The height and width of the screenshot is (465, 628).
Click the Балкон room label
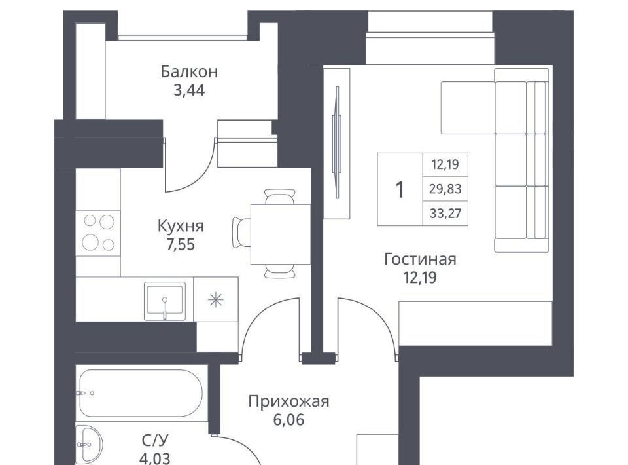[189, 71]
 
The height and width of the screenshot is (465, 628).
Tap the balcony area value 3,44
[189, 90]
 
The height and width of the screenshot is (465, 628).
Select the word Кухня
[181, 226]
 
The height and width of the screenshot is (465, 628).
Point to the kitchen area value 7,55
[181, 244]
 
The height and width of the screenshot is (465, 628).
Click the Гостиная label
[420, 259]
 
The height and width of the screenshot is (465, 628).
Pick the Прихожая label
[288, 401]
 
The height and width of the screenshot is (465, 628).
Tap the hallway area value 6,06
[288, 420]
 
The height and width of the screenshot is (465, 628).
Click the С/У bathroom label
[155, 440]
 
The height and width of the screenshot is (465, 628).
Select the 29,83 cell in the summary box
[445, 189]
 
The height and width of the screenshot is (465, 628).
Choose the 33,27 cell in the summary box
[445, 214]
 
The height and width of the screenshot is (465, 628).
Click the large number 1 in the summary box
[400, 190]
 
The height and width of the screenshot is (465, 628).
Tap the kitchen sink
[165, 301]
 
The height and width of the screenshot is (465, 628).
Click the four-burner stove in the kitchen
[98, 232]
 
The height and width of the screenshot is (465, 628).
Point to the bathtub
[141, 393]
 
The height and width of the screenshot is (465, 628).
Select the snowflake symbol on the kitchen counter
[215, 300]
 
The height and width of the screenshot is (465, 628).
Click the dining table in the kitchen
[281, 234]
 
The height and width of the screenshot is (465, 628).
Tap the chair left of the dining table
[241, 233]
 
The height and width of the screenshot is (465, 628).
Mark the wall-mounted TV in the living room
[337, 142]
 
